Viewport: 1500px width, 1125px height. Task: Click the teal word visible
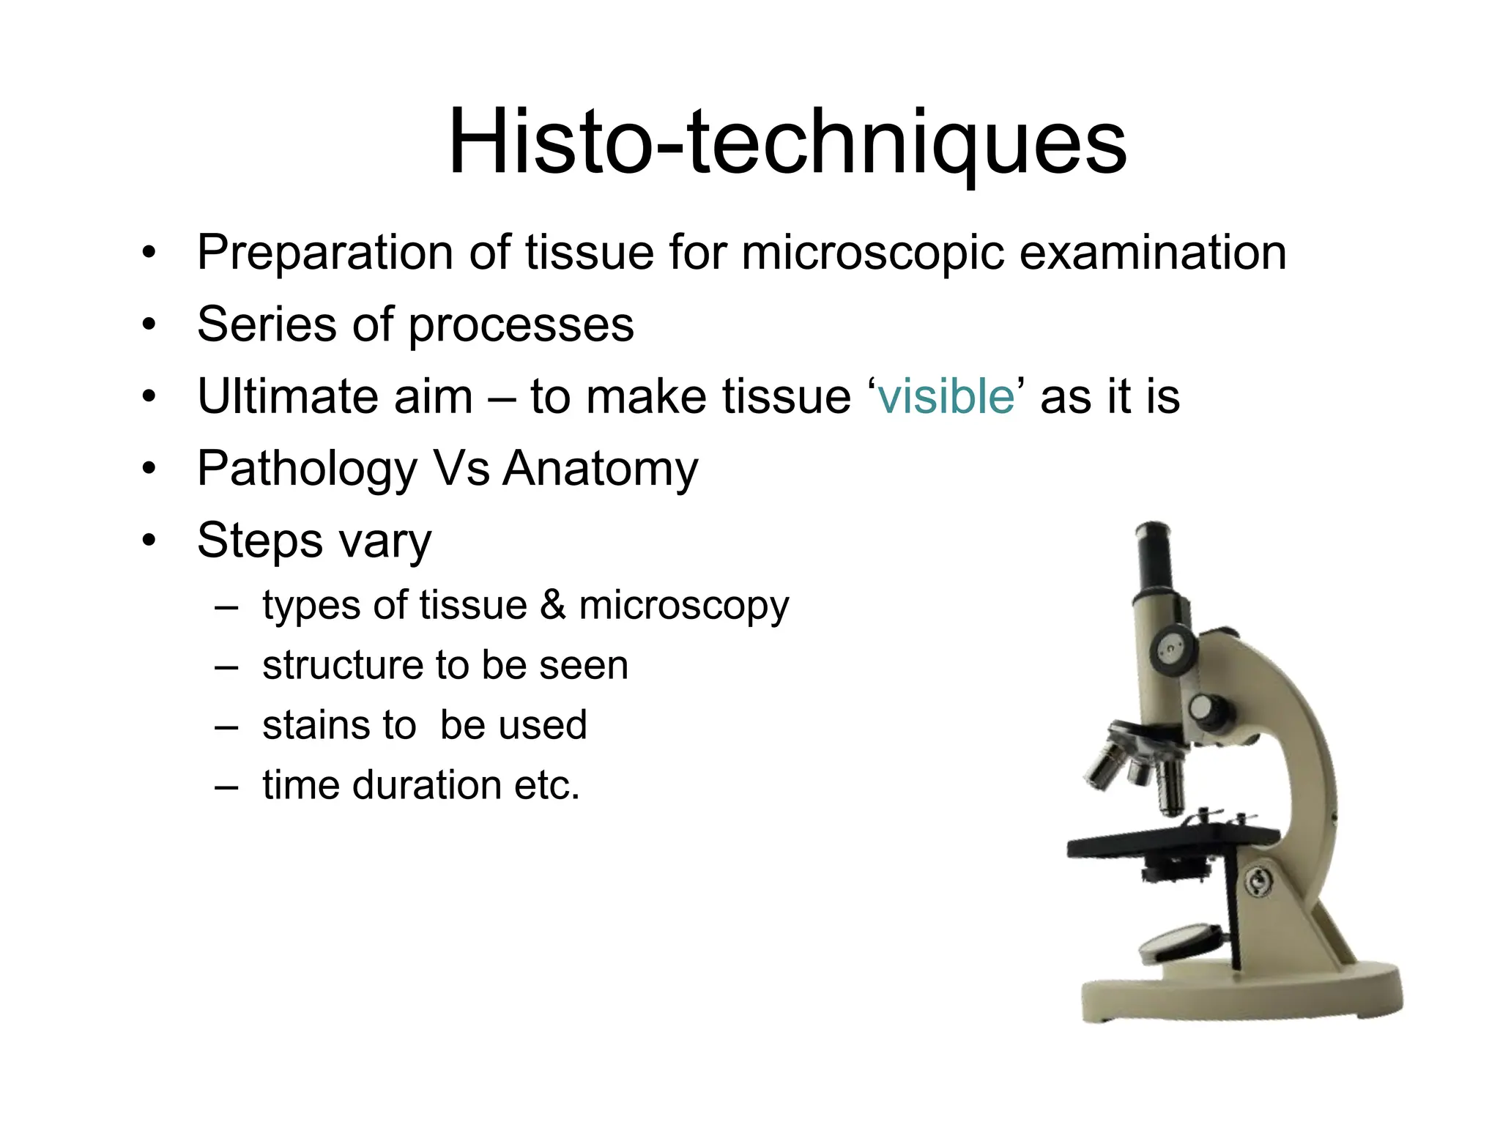tap(946, 396)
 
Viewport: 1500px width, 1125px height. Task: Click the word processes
tap(521, 325)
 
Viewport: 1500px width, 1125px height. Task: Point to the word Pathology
tap(307, 469)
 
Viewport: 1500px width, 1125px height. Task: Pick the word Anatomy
tap(601, 468)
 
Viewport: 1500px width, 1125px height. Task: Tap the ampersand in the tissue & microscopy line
tap(553, 605)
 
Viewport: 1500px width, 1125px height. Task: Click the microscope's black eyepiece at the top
tap(1153, 557)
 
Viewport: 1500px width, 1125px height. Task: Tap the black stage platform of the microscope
tap(1172, 842)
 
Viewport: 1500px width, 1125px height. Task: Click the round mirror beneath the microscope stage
tap(1181, 943)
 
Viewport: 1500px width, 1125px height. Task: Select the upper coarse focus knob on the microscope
tap(1173, 648)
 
